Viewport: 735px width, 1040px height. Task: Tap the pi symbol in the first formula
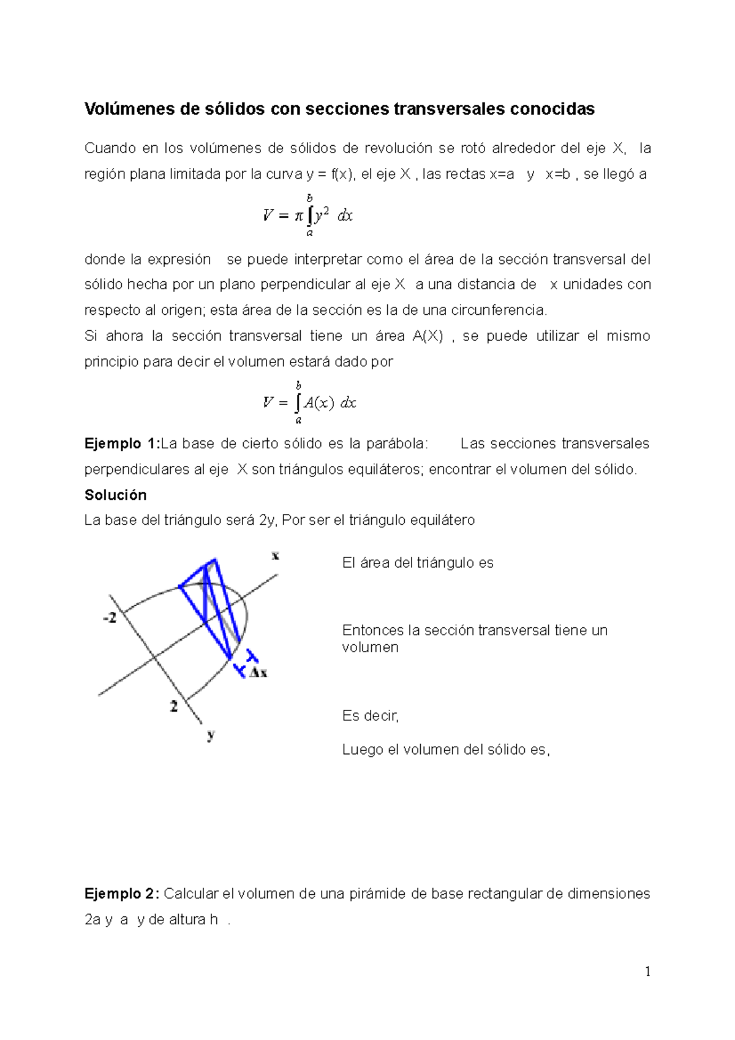click(298, 216)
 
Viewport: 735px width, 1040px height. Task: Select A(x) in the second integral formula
click(318, 403)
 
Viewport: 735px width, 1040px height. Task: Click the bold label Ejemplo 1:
click(122, 443)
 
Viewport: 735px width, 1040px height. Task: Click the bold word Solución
click(115, 495)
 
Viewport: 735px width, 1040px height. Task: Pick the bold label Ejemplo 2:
click(122, 894)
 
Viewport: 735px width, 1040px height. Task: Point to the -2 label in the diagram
click(110, 619)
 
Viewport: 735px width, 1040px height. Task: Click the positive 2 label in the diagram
click(173, 706)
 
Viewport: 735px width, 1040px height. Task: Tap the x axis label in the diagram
click(275, 556)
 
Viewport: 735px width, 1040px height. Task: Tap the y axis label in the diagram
click(211, 734)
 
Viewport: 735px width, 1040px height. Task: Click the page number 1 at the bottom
click(647, 972)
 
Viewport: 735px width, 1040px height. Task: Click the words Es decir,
click(370, 716)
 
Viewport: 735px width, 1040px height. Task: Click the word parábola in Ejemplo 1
click(397, 443)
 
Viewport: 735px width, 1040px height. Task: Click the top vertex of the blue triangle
click(214, 560)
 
